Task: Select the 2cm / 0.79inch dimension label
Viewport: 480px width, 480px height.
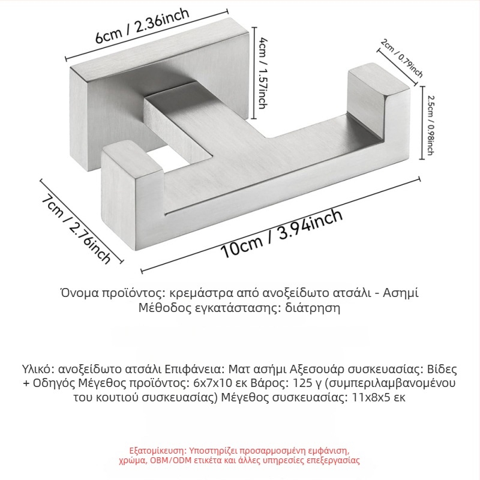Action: [403, 59]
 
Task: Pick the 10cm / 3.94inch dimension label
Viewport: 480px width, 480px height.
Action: [281, 233]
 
